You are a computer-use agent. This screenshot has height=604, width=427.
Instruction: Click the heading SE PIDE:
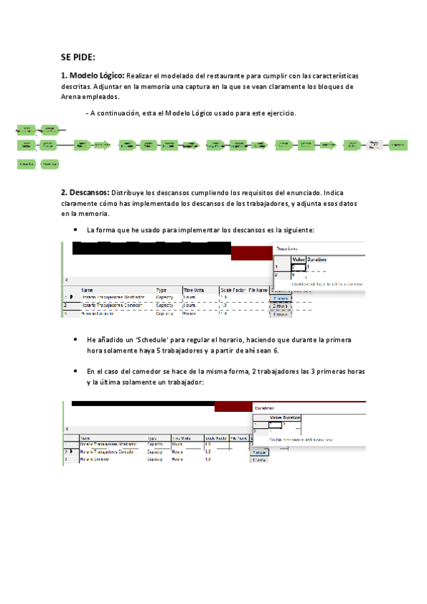(78, 57)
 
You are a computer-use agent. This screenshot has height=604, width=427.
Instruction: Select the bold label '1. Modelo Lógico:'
(93, 75)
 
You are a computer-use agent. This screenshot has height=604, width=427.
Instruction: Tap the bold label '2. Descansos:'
(86, 192)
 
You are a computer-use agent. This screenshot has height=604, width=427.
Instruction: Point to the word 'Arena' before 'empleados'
(72, 97)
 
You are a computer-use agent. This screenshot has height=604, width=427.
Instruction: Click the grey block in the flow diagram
(374, 145)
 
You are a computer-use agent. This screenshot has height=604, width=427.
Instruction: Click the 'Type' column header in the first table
(161, 290)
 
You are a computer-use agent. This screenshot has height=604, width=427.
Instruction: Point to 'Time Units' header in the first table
(195, 290)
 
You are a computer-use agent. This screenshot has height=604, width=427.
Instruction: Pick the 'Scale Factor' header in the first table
(233, 290)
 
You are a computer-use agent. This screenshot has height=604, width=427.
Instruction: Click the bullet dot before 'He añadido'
(76, 340)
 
